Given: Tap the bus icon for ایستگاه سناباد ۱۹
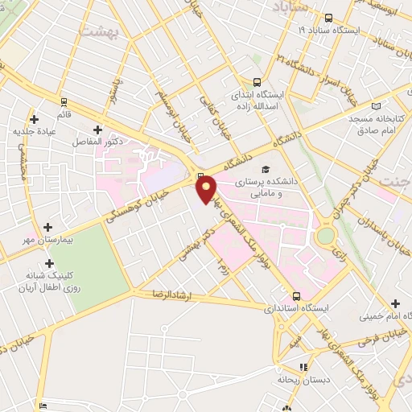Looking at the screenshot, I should pos(328,18).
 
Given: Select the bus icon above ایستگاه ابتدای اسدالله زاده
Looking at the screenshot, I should pos(257,81).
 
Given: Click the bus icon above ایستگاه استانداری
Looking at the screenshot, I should pos(296,296).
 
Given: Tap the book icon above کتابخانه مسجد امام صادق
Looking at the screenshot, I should pos(376,106).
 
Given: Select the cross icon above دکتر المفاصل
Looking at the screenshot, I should pos(97,129).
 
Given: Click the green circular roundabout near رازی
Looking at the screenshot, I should pos(326,236).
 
